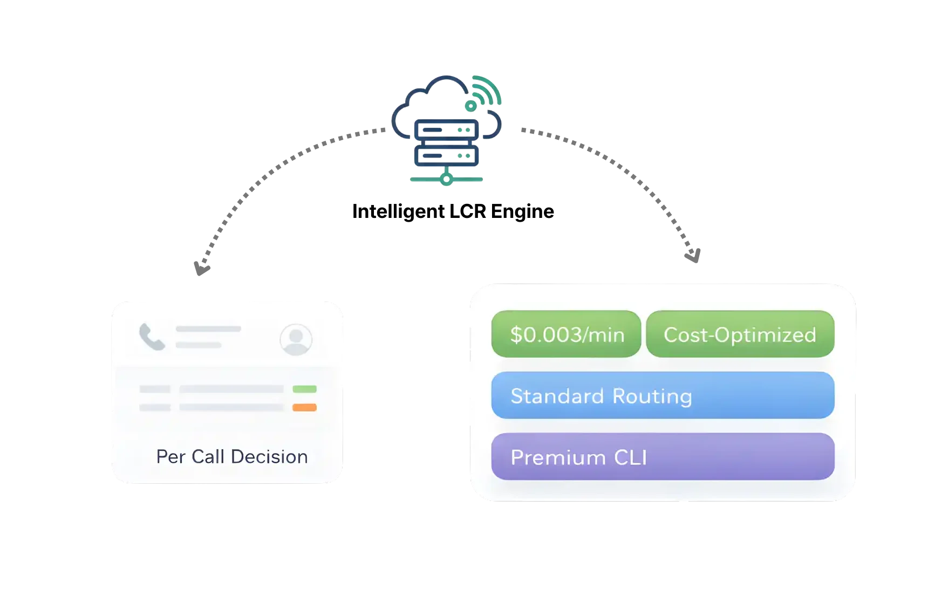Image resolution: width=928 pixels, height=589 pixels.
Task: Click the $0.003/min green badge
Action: click(566, 334)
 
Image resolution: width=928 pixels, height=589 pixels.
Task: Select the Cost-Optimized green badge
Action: click(740, 334)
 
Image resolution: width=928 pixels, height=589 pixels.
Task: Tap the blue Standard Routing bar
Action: click(663, 395)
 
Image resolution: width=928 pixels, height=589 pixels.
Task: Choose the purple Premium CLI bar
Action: click(663, 457)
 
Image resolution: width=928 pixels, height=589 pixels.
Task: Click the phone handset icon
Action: click(152, 337)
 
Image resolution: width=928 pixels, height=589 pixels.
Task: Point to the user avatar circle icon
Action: click(296, 339)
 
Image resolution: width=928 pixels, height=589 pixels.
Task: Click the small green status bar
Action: click(304, 389)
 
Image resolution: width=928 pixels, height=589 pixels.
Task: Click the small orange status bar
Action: click(304, 407)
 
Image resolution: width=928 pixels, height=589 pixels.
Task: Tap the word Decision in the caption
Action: click(269, 457)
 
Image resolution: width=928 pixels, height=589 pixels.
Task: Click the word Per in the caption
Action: click(170, 457)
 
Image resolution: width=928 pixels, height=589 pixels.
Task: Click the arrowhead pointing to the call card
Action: click(200, 266)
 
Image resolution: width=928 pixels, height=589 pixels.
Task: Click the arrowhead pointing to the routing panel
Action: click(693, 254)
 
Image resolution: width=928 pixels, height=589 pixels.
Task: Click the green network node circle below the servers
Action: click(446, 179)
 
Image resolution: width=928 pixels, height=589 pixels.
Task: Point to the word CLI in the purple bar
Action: click(630, 457)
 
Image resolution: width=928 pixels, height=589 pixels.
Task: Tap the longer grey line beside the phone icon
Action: click(208, 329)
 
